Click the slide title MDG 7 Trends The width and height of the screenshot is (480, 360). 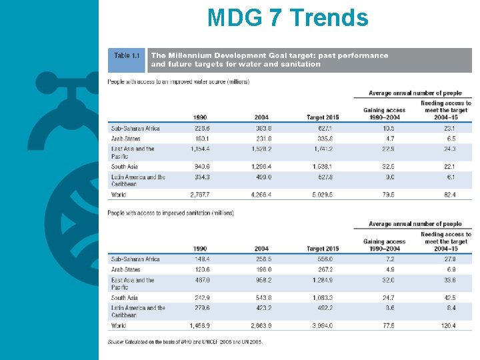point(287,18)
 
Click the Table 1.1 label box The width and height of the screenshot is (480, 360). point(127,56)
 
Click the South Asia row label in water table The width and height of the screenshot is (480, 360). point(124,167)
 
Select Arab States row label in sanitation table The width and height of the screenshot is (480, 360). point(125,269)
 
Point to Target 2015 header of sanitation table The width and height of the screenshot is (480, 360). point(323,249)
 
